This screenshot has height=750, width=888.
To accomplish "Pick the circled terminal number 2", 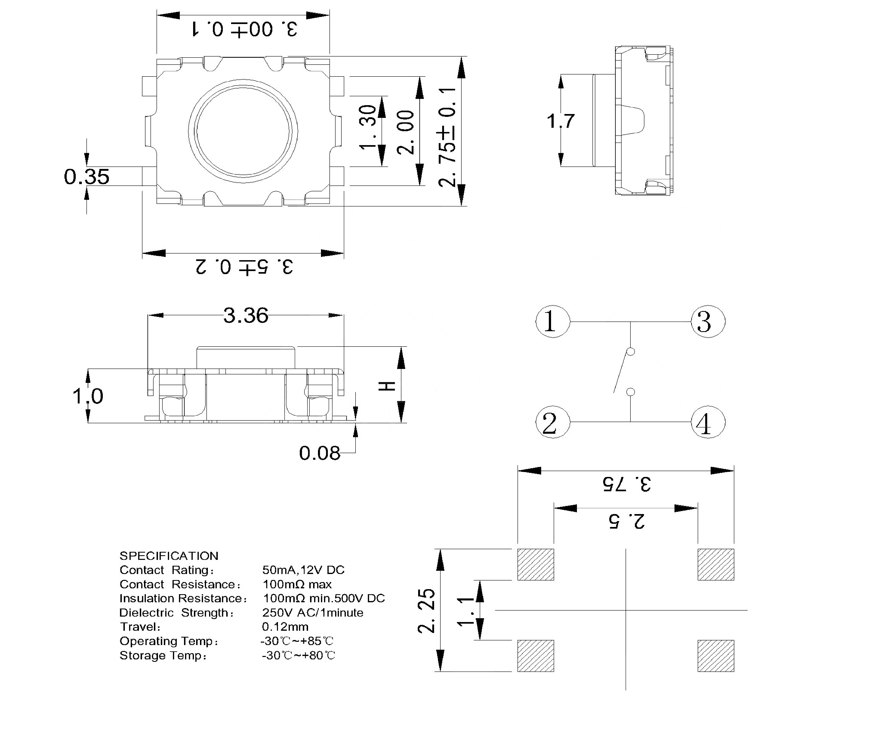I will pyautogui.click(x=552, y=422).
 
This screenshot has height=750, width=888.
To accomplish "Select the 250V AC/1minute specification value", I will pyautogui.click(x=312, y=613).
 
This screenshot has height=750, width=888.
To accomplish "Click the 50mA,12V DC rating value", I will pyautogui.click(x=303, y=570).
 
